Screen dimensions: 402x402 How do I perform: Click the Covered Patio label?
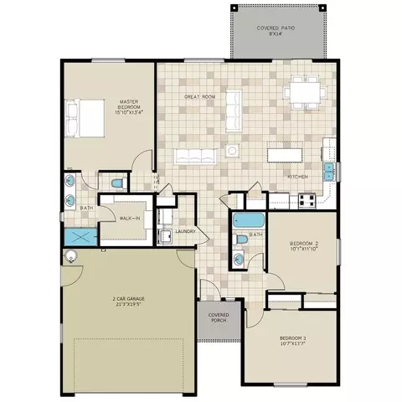[274, 31]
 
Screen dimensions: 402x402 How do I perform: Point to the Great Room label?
[200, 95]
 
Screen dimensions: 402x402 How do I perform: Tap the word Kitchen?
[299, 178]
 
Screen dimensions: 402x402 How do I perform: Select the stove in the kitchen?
[306, 200]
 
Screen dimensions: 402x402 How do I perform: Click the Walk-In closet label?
[130, 218]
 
